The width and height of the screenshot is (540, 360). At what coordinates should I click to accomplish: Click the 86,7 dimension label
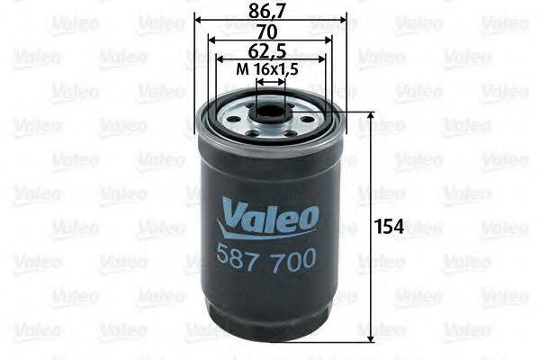pyautogui.click(x=268, y=13)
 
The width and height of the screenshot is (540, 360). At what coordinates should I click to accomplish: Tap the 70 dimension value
pyautogui.click(x=268, y=32)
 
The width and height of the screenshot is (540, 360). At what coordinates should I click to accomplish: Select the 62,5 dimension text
pyautogui.click(x=268, y=51)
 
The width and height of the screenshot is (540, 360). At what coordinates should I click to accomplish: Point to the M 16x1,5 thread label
pyautogui.click(x=269, y=70)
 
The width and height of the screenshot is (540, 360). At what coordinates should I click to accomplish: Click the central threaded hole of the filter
pyautogui.click(x=268, y=114)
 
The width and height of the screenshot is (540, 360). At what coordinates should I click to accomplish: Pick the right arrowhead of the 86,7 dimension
pyautogui.click(x=338, y=22)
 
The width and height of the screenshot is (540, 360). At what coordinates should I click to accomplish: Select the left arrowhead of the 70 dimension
pyautogui.click(x=211, y=41)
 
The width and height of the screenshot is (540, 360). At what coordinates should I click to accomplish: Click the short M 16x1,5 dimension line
pyautogui.click(x=270, y=81)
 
